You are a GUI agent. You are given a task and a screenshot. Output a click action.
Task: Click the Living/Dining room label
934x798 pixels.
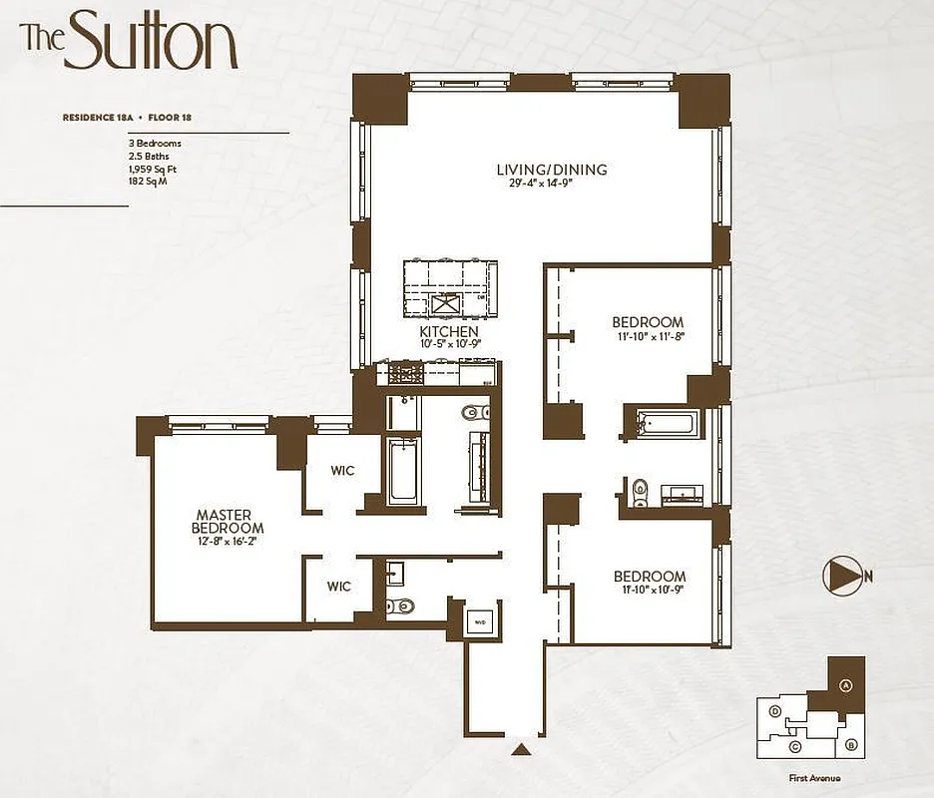pos(552,170)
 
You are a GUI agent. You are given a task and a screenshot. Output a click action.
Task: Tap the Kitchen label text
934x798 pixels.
pos(448,331)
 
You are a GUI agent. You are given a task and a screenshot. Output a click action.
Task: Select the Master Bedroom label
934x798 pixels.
pos(230,522)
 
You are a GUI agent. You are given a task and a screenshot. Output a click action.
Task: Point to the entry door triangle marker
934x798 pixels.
pos(520,748)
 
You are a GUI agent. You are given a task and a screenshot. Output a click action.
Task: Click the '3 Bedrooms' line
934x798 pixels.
pos(148,144)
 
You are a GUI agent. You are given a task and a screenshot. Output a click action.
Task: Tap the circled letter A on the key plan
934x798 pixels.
pos(845,685)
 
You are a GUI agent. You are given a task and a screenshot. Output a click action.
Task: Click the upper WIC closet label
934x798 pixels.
pos(342,471)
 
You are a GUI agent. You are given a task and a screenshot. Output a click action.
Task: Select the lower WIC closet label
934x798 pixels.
pos(339,587)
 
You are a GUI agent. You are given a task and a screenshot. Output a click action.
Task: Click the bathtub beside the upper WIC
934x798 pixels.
pos(403,468)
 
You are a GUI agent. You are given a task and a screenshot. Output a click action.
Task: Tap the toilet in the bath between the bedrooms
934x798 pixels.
pos(639,489)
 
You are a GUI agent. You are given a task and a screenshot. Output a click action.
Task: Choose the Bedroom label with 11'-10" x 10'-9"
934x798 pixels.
pos(650,577)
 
